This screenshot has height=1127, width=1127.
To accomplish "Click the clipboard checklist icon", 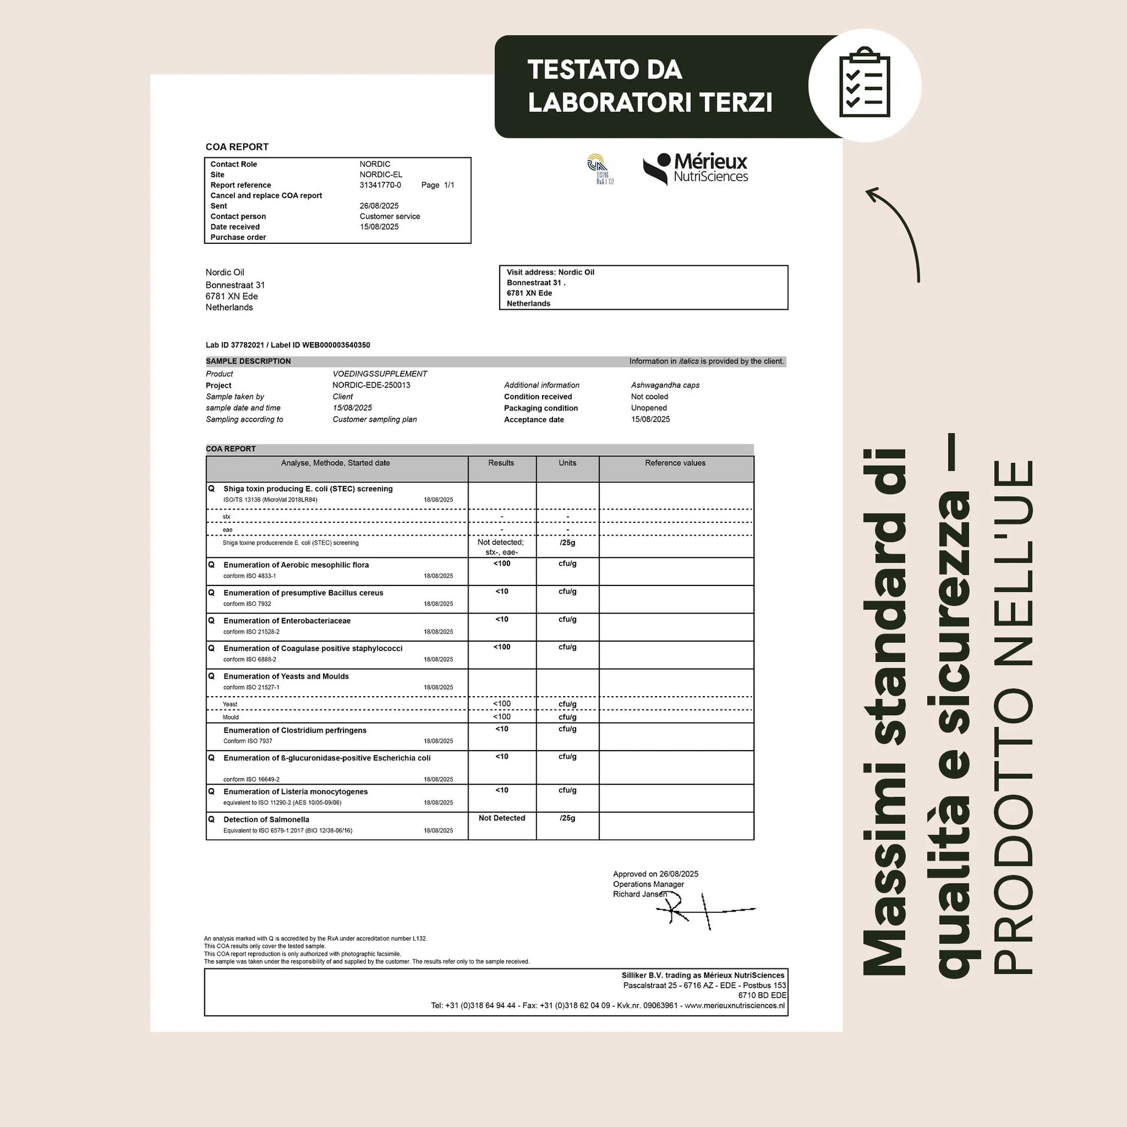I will click(865, 85).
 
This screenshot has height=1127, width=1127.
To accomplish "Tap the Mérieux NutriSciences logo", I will click(696, 169).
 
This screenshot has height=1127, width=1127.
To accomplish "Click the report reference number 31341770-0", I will click(380, 185).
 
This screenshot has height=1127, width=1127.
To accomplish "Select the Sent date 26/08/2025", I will click(379, 206).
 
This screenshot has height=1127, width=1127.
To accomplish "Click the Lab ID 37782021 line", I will click(288, 345).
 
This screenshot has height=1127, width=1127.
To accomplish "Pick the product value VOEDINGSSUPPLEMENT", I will click(380, 374).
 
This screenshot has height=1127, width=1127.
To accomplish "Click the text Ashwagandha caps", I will click(665, 385).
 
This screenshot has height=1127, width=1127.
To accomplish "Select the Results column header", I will click(501, 463).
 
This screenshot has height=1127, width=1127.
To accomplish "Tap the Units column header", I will click(567, 463).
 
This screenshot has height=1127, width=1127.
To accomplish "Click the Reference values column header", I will click(675, 463).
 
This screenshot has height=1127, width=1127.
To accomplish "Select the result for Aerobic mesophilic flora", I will click(502, 563).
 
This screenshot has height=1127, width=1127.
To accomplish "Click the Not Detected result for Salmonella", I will click(502, 818).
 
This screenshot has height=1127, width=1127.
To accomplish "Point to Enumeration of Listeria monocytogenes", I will click(295, 792).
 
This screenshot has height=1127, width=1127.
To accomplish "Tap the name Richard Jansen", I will click(639, 894).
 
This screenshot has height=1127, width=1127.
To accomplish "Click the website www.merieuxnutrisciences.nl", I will click(734, 1005).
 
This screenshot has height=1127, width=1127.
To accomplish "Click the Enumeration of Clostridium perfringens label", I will click(295, 730).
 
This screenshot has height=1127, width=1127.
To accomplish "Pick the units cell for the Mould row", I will click(567, 717).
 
